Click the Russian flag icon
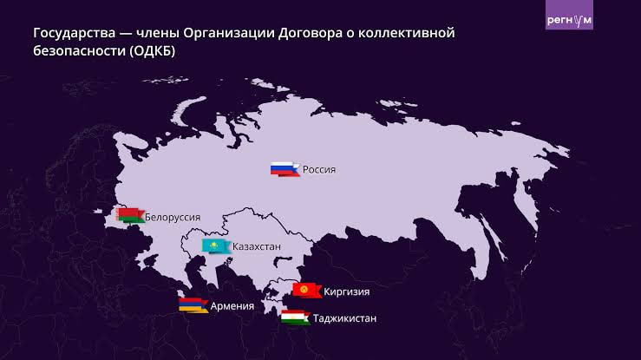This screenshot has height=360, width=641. [x=284, y=169]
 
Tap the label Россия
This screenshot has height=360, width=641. [x=318, y=169]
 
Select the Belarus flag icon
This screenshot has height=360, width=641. [x=129, y=214]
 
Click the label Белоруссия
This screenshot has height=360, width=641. [x=173, y=216]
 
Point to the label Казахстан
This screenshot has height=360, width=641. [x=257, y=247]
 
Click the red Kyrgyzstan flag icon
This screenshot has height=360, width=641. [x=306, y=290]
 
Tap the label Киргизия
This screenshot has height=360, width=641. [x=346, y=291]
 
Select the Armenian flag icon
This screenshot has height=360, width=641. [x=193, y=304]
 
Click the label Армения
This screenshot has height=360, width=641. [x=232, y=305]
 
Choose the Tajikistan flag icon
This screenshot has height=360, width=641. [x=295, y=317]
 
